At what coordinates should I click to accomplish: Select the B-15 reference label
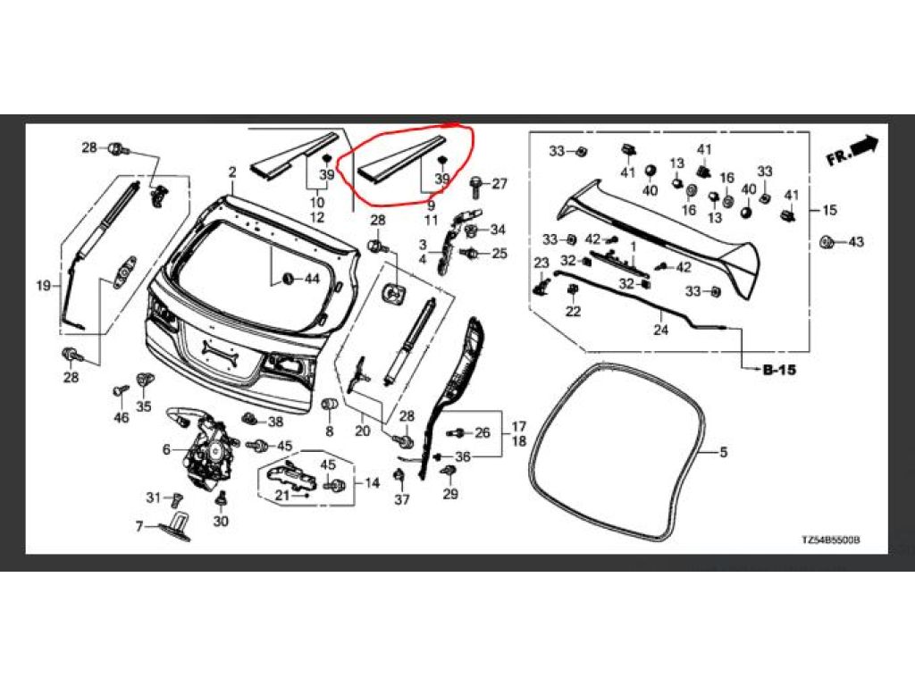click(x=779, y=369)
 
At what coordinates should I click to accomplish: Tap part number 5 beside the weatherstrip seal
click(x=724, y=453)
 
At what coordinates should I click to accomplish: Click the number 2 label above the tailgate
click(x=231, y=171)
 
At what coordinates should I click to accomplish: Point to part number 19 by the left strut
click(x=43, y=286)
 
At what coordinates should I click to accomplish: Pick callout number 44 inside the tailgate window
click(x=311, y=279)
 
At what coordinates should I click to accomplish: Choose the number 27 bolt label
click(x=499, y=184)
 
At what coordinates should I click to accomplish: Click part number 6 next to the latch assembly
click(x=166, y=450)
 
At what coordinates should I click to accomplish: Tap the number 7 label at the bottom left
click(x=139, y=527)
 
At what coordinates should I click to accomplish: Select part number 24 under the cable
click(x=661, y=330)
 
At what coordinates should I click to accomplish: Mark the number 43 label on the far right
click(x=856, y=242)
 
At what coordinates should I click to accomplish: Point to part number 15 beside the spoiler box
click(x=830, y=211)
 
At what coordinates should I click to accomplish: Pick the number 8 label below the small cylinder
click(x=329, y=431)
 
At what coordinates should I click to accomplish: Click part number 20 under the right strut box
click(x=362, y=431)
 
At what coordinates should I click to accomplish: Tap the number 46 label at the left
click(x=122, y=417)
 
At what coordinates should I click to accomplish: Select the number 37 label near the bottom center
click(x=402, y=499)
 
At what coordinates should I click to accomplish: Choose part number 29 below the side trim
click(x=449, y=494)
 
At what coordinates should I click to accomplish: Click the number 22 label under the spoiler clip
click(x=573, y=312)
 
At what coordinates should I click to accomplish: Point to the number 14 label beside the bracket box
click(x=372, y=483)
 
